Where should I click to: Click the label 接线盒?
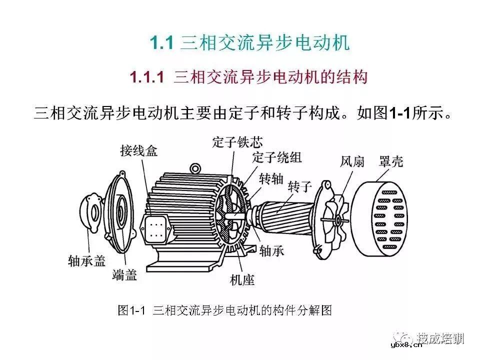[138, 150]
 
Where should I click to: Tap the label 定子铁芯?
[236, 142]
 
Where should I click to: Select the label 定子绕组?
[277, 157]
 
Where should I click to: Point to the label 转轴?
[271, 178]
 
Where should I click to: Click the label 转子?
[300, 187]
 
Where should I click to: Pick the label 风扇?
[352, 161]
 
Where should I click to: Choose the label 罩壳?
[391, 161]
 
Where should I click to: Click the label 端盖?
[124, 274]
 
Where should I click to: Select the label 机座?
[242, 280]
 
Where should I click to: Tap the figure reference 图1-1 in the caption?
[131, 310]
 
